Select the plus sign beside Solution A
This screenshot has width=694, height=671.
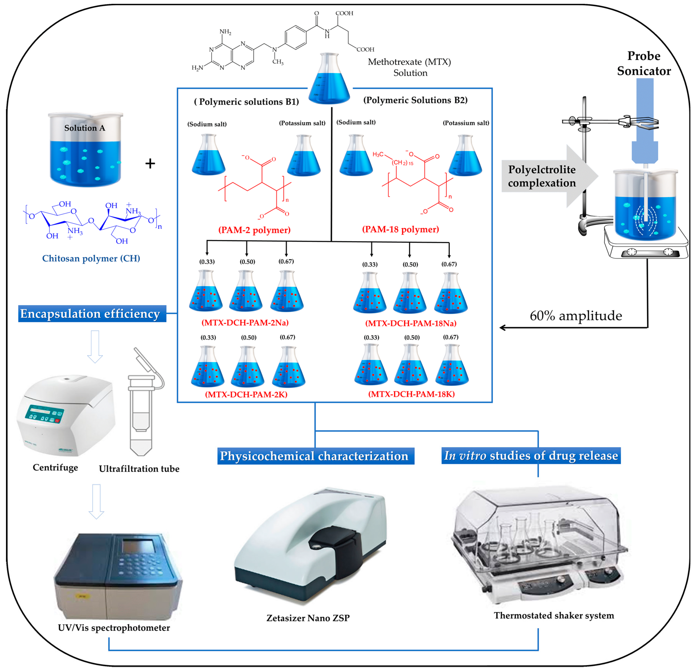pos(150,164)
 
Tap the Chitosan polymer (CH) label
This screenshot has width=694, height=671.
pos(91,258)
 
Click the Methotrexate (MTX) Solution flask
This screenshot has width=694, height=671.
pos(329,80)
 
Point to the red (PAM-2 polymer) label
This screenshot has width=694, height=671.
pos(254,230)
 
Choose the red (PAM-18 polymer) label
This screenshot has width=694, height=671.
pos(400,229)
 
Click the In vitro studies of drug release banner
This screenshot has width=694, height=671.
pos(531,455)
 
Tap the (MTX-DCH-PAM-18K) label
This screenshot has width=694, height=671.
pos(411,394)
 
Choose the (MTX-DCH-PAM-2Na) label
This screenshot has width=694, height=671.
pos(245,322)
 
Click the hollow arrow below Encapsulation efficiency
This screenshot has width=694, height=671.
pos(95,347)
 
